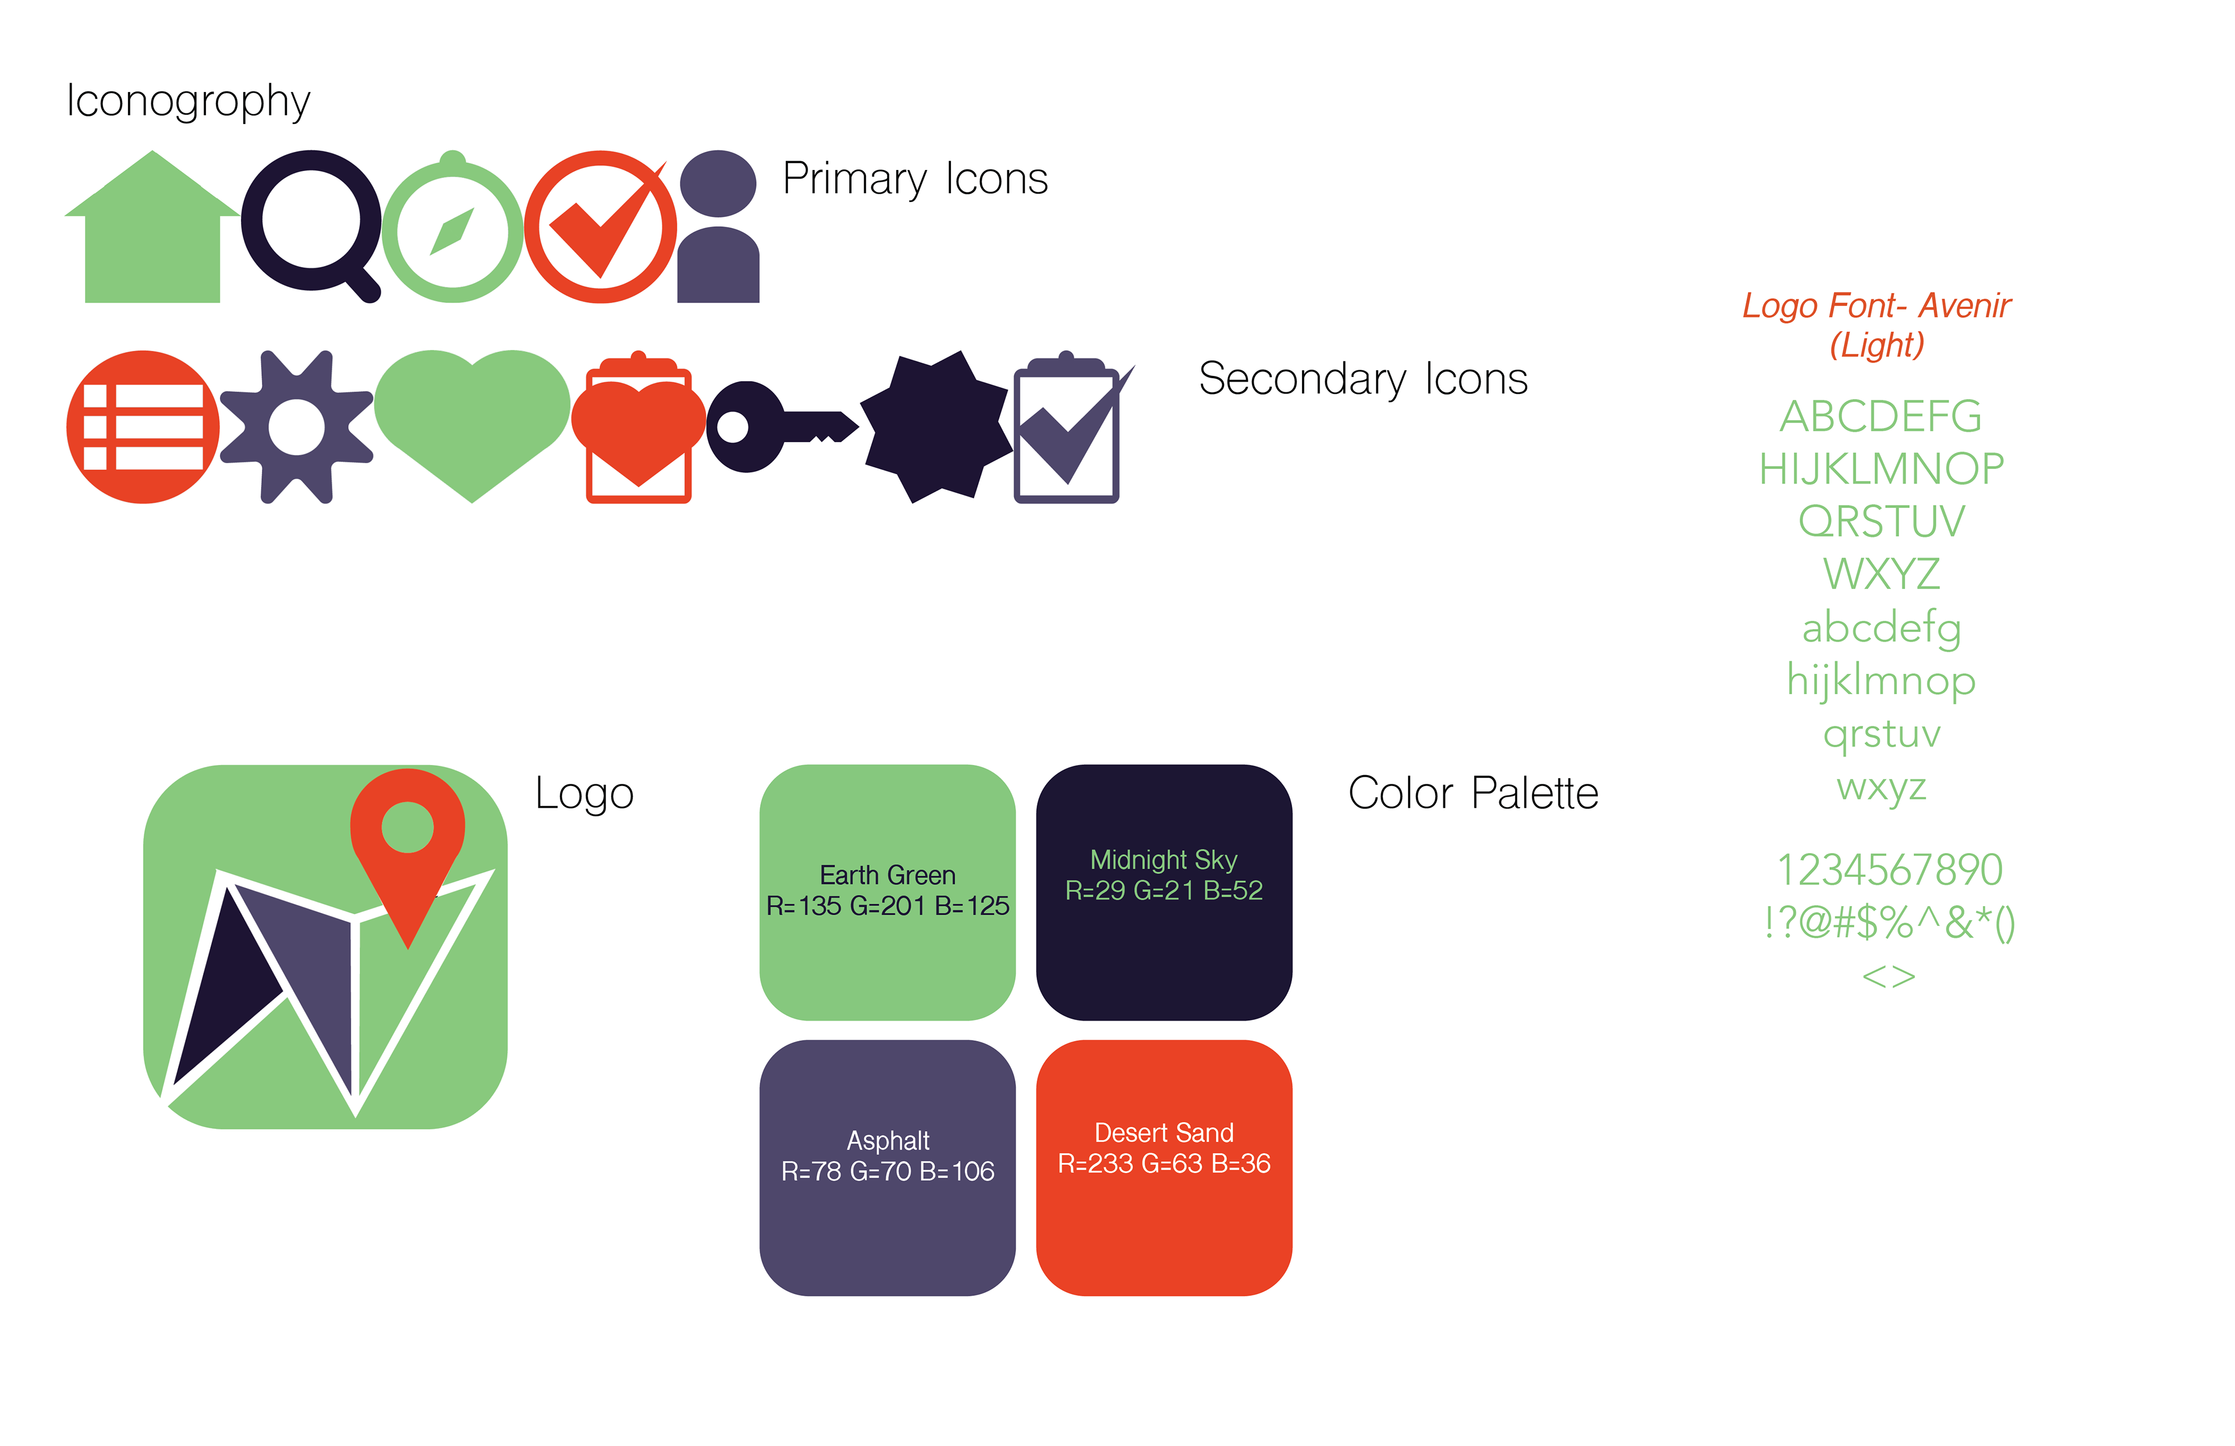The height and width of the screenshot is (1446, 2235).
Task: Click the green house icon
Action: pyautogui.click(x=152, y=235)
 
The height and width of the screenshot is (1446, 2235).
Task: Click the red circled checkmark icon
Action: pyautogui.click(x=599, y=227)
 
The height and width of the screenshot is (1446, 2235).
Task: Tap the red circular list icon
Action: pyautogui.click(x=143, y=427)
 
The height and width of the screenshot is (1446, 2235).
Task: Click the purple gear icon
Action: pyautogui.click(x=297, y=427)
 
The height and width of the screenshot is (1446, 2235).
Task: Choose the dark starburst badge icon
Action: pyautogui.click(x=936, y=427)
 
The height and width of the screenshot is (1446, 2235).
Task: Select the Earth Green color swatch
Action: pyautogui.click(x=888, y=892)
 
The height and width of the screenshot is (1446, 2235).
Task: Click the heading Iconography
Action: pyautogui.click(x=188, y=101)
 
